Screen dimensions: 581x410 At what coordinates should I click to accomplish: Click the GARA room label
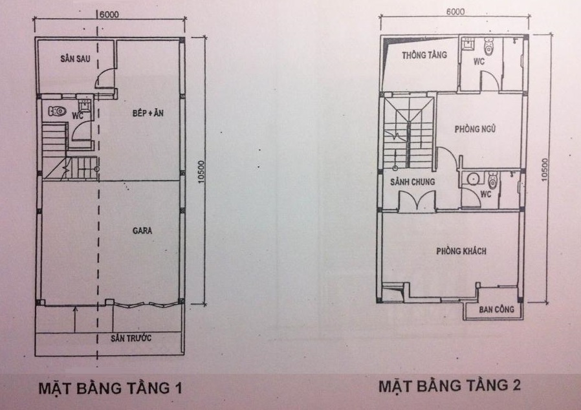pos(142,231)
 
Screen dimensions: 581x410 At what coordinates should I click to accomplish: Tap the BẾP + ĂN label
pos(148,113)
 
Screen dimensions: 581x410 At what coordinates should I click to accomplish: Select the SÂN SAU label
pos(75,58)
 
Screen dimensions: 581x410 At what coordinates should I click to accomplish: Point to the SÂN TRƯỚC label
pos(131,338)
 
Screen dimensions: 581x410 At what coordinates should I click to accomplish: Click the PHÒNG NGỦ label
pos(475,129)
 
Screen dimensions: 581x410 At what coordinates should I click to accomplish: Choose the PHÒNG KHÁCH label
pos(461,251)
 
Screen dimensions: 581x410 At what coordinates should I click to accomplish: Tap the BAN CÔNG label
pos(496,309)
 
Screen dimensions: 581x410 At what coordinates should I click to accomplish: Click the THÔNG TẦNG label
pos(424,55)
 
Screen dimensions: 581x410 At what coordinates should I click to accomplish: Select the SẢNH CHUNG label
pos(412,182)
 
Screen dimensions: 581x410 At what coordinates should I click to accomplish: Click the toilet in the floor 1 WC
pos(57,111)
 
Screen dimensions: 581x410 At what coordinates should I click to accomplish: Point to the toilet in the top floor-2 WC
pos(489,47)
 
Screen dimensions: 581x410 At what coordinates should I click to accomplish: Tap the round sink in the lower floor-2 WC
pos(473,179)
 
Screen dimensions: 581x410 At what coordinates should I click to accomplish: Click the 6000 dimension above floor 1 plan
pos(109,14)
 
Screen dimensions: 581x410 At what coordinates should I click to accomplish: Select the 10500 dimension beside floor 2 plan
pos(544,169)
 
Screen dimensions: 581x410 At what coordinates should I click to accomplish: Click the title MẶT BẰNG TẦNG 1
pos(111,387)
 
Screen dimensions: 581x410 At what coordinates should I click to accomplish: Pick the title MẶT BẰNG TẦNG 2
pos(450,385)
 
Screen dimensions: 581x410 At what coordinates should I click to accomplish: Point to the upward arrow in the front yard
pos(75,319)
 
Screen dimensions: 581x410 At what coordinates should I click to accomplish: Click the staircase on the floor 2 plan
pos(408,133)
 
